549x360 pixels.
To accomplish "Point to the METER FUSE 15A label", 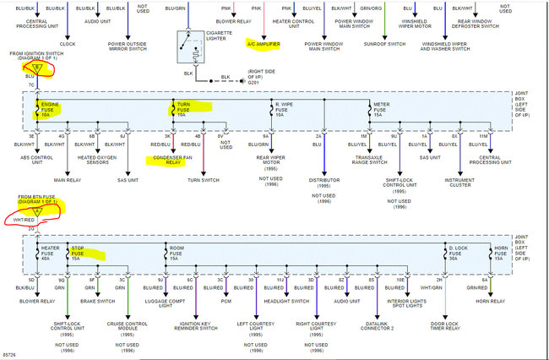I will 383,109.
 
